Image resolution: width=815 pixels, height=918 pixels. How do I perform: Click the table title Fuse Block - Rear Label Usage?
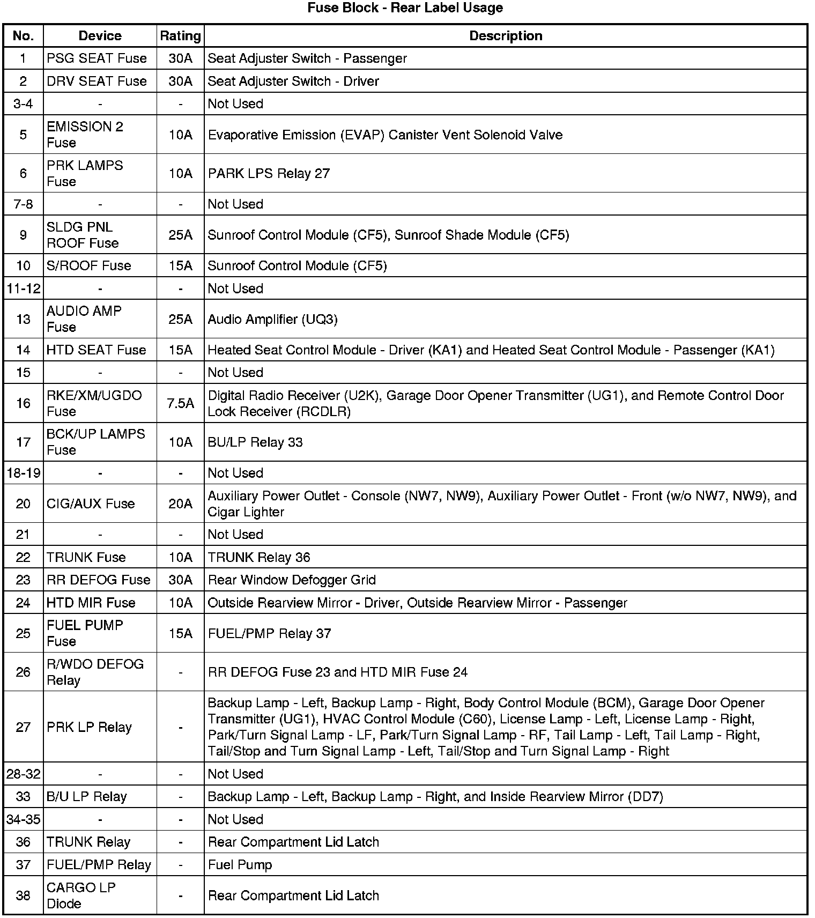pos(405,8)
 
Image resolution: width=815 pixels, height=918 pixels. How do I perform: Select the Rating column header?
pos(180,36)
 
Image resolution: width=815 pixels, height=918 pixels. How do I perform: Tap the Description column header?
pos(506,36)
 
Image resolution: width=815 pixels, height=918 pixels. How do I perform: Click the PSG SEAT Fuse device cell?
pos(97,58)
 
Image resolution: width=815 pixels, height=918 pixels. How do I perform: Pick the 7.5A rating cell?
pos(180,403)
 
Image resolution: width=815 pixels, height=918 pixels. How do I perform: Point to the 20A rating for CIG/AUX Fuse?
pos(180,504)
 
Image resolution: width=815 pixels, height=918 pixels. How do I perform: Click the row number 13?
pos(23,319)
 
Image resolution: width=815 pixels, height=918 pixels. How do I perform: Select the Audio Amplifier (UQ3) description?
pos(273,319)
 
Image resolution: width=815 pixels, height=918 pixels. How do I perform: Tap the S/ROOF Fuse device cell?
pos(89,265)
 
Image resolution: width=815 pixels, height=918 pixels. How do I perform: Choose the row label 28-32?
pos(23,774)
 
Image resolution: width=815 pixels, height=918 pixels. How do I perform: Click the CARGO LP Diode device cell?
pos(81,895)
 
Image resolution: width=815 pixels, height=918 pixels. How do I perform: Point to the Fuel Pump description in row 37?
pos(240,864)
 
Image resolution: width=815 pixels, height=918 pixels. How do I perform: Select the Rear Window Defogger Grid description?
pos(292,580)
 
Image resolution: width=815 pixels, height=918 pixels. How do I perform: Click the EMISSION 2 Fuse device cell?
pos(85,135)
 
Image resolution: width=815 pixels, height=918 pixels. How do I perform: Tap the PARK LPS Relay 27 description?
pos(269,173)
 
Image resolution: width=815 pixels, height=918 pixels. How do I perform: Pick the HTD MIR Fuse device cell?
pos(91,603)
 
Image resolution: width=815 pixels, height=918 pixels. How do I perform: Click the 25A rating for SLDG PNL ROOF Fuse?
pos(180,235)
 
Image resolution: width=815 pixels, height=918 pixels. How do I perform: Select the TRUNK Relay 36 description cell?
pos(259,557)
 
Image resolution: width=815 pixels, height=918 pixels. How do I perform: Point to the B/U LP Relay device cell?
pos(87,796)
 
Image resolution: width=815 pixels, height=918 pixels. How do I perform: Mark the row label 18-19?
pos(23,473)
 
